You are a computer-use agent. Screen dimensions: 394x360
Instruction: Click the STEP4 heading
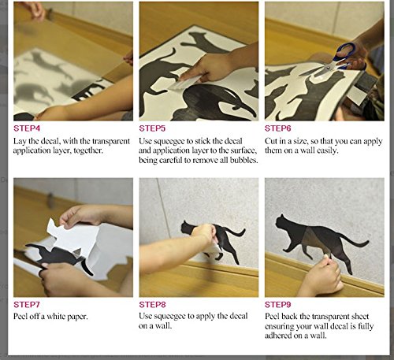coord(27,128)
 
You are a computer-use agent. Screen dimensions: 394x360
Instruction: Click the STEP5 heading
coord(152,128)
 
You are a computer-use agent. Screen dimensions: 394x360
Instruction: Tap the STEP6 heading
coord(278,128)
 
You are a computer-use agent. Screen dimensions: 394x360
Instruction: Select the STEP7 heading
coord(27,305)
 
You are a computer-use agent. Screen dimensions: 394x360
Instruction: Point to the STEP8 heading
coord(152,305)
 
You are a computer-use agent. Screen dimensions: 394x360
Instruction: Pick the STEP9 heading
coord(278,305)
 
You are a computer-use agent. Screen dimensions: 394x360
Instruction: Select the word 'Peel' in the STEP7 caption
coord(20,317)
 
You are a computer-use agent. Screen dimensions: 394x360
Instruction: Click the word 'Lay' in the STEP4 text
coord(20,142)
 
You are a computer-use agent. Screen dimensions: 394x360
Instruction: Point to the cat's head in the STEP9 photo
coord(281,223)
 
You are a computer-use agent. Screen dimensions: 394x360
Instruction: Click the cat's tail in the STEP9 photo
coord(355,240)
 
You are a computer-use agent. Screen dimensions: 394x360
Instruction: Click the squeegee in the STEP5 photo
coord(185,83)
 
